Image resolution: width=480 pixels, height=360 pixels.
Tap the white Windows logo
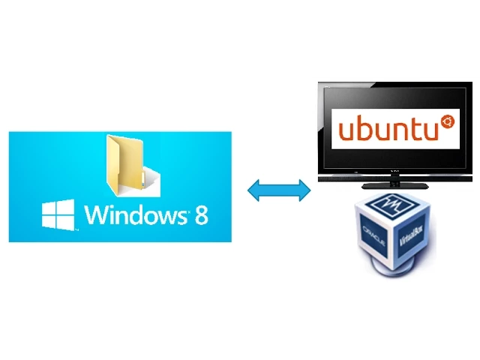(58, 215)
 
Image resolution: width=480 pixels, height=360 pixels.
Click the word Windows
(136, 214)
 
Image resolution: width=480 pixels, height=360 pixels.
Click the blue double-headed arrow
(279, 190)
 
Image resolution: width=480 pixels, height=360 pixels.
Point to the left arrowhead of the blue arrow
(253, 190)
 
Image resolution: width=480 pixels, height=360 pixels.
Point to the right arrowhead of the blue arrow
(305, 190)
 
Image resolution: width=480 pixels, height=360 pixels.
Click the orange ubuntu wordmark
(388, 128)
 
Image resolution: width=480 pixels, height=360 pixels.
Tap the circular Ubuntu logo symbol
(448, 121)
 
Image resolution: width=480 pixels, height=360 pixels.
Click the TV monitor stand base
(395, 186)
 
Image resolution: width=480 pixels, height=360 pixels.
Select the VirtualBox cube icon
(395, 235)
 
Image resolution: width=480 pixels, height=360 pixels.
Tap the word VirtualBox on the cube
(411, 236)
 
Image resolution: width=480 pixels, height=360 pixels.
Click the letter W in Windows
(97, 214)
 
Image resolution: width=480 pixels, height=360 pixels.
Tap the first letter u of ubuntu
(346, 130)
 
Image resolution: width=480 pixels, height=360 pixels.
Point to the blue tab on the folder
(142, 180)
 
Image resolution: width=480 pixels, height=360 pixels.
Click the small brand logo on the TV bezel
(395, 172)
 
